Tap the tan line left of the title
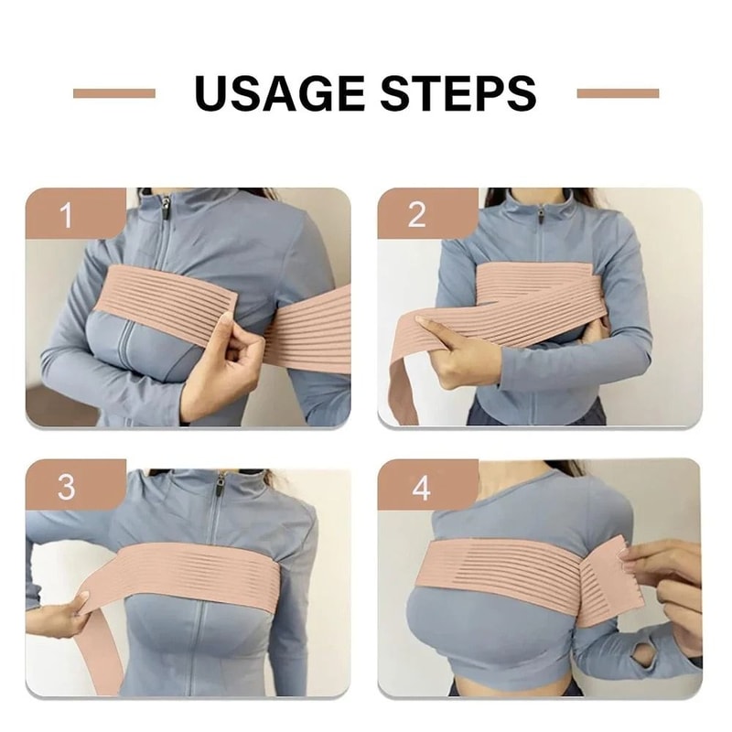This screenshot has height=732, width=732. pos(113,92)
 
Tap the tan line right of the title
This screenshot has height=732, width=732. pos(618,92)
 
